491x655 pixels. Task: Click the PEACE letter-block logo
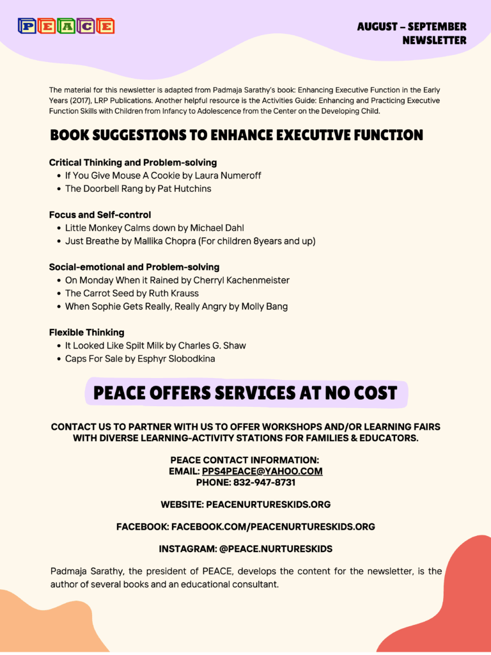click(66, 26)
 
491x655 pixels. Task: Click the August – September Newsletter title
click(412, 33)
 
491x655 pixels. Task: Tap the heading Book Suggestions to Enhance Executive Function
click(237, 135)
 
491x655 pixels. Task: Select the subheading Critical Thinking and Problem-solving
click(133, 162)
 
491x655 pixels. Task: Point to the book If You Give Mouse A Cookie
click(163, 175)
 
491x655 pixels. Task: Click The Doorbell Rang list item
click(138, 189)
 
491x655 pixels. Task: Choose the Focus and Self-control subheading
click(100, 215)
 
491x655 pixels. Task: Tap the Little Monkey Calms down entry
click(155, 228)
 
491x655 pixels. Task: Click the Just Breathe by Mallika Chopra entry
click(190, 241)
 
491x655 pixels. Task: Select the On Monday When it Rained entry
click(177, 280)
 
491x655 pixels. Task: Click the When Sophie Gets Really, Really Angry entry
click(176, 306)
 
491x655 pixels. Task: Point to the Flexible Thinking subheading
click(87, 333)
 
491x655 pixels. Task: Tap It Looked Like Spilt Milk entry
click(155, 345)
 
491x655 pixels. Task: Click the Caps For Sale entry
click(140, 359)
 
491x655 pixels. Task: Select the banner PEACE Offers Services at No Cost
click(245, 393)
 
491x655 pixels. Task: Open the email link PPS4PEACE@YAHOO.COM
click(262, 471)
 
